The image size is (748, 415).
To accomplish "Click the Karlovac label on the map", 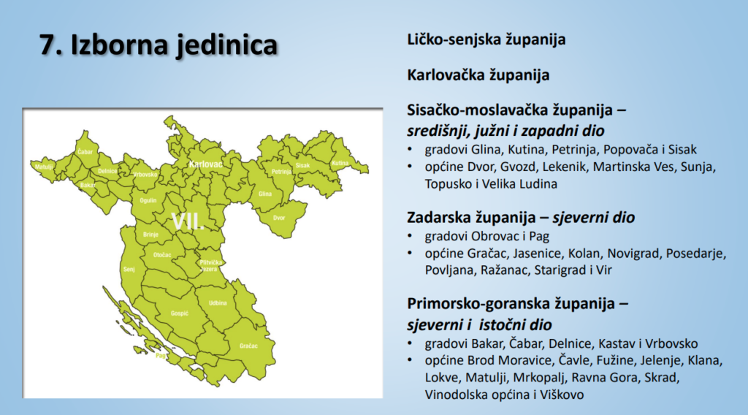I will pyautogui.click(x=205, y=166).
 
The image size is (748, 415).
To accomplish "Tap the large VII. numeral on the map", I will pyautogui.click(x=188, y=222).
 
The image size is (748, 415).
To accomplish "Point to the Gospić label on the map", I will pyautogui.click(x=180, y=313).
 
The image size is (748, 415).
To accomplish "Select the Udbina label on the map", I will pyautogui.click(x=218, y=302).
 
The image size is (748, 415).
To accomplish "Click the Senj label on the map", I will pyautogui.click(x=131, y=270).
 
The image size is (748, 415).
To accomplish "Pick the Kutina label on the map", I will pyautogui.click(x=340, y=163).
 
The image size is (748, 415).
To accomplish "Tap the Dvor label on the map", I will pyautogui.click(x=279, y=218).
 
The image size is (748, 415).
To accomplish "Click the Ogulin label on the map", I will pyautogui.click(x=148, y=199).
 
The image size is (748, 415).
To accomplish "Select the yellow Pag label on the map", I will pyautogui.click(x=161, y=356).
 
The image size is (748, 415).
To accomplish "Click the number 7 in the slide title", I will pyautogui.click(x=49, y=45).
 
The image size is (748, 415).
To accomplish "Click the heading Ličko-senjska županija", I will pyautogui.click(x=486, y=39).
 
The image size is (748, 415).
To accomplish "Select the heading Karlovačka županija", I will pyautogui.click(x=478, y=75).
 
